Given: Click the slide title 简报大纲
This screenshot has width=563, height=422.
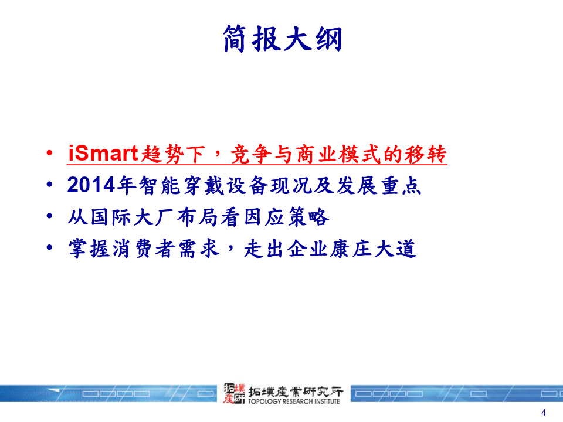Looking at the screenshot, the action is (x=283, y=39).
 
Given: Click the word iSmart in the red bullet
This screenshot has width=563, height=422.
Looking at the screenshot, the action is (x=103, y=153).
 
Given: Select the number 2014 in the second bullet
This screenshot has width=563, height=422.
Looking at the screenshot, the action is (x=91, y=185).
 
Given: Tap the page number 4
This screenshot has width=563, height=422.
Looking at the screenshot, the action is (x=543, y=413).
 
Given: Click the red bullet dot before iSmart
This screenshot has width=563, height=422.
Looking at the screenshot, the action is (x=49, y=153).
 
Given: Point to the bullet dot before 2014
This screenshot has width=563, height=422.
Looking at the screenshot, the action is (x=49, y=185).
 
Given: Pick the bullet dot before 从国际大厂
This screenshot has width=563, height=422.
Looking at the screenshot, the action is (x=49, y=216).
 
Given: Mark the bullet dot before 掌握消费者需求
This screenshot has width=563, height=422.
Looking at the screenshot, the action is (x=49, y=247).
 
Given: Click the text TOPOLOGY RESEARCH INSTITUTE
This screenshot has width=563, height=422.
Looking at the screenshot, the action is (x=294, y=401).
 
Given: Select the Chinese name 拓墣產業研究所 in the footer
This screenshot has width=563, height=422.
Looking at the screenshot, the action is (x=296, y=392).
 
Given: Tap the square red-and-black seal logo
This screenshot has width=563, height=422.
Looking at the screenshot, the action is (x=234, y=393).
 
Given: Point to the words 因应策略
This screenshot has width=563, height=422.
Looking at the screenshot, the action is (x=286, y=217).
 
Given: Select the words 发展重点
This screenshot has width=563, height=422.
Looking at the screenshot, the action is (x=378, y=186).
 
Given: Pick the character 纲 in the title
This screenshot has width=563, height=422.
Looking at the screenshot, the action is (x=329, y=39).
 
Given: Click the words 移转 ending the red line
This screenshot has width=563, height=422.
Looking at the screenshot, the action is (x=426, y=154).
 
